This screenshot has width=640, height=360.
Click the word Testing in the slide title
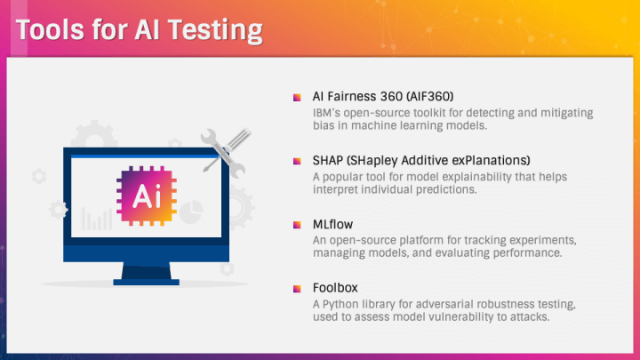point(215,30)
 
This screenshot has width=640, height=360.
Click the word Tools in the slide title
point(50,29)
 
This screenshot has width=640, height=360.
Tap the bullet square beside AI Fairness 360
point(297,97)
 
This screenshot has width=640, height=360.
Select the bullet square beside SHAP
point(297,161)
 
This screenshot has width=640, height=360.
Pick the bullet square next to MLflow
point(297,225)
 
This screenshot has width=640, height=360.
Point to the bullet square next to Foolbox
point(297,289)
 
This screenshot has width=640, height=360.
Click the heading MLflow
point(332,224)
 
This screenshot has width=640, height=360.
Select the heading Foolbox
point(335,288)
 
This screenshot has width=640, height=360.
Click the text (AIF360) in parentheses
point(430,96)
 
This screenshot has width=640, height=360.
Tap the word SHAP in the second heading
point(328,160)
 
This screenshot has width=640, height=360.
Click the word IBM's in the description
point(326,113)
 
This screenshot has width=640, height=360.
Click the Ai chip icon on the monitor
point(147,196)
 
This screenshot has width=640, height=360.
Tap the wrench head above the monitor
point(209,137)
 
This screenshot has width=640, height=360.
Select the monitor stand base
point(146,282)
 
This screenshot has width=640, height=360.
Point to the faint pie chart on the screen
point(191,212)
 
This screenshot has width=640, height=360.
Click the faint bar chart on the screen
point(97,220)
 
